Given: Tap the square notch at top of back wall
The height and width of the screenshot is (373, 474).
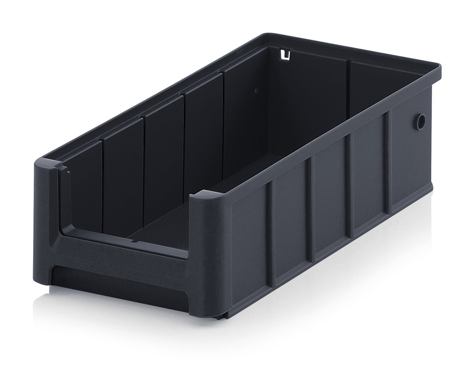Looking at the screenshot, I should pyautogui.click(x=286, y=56).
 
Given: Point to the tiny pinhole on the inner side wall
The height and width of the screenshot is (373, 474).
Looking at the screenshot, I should pyautogui.click(x=255, y=92).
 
